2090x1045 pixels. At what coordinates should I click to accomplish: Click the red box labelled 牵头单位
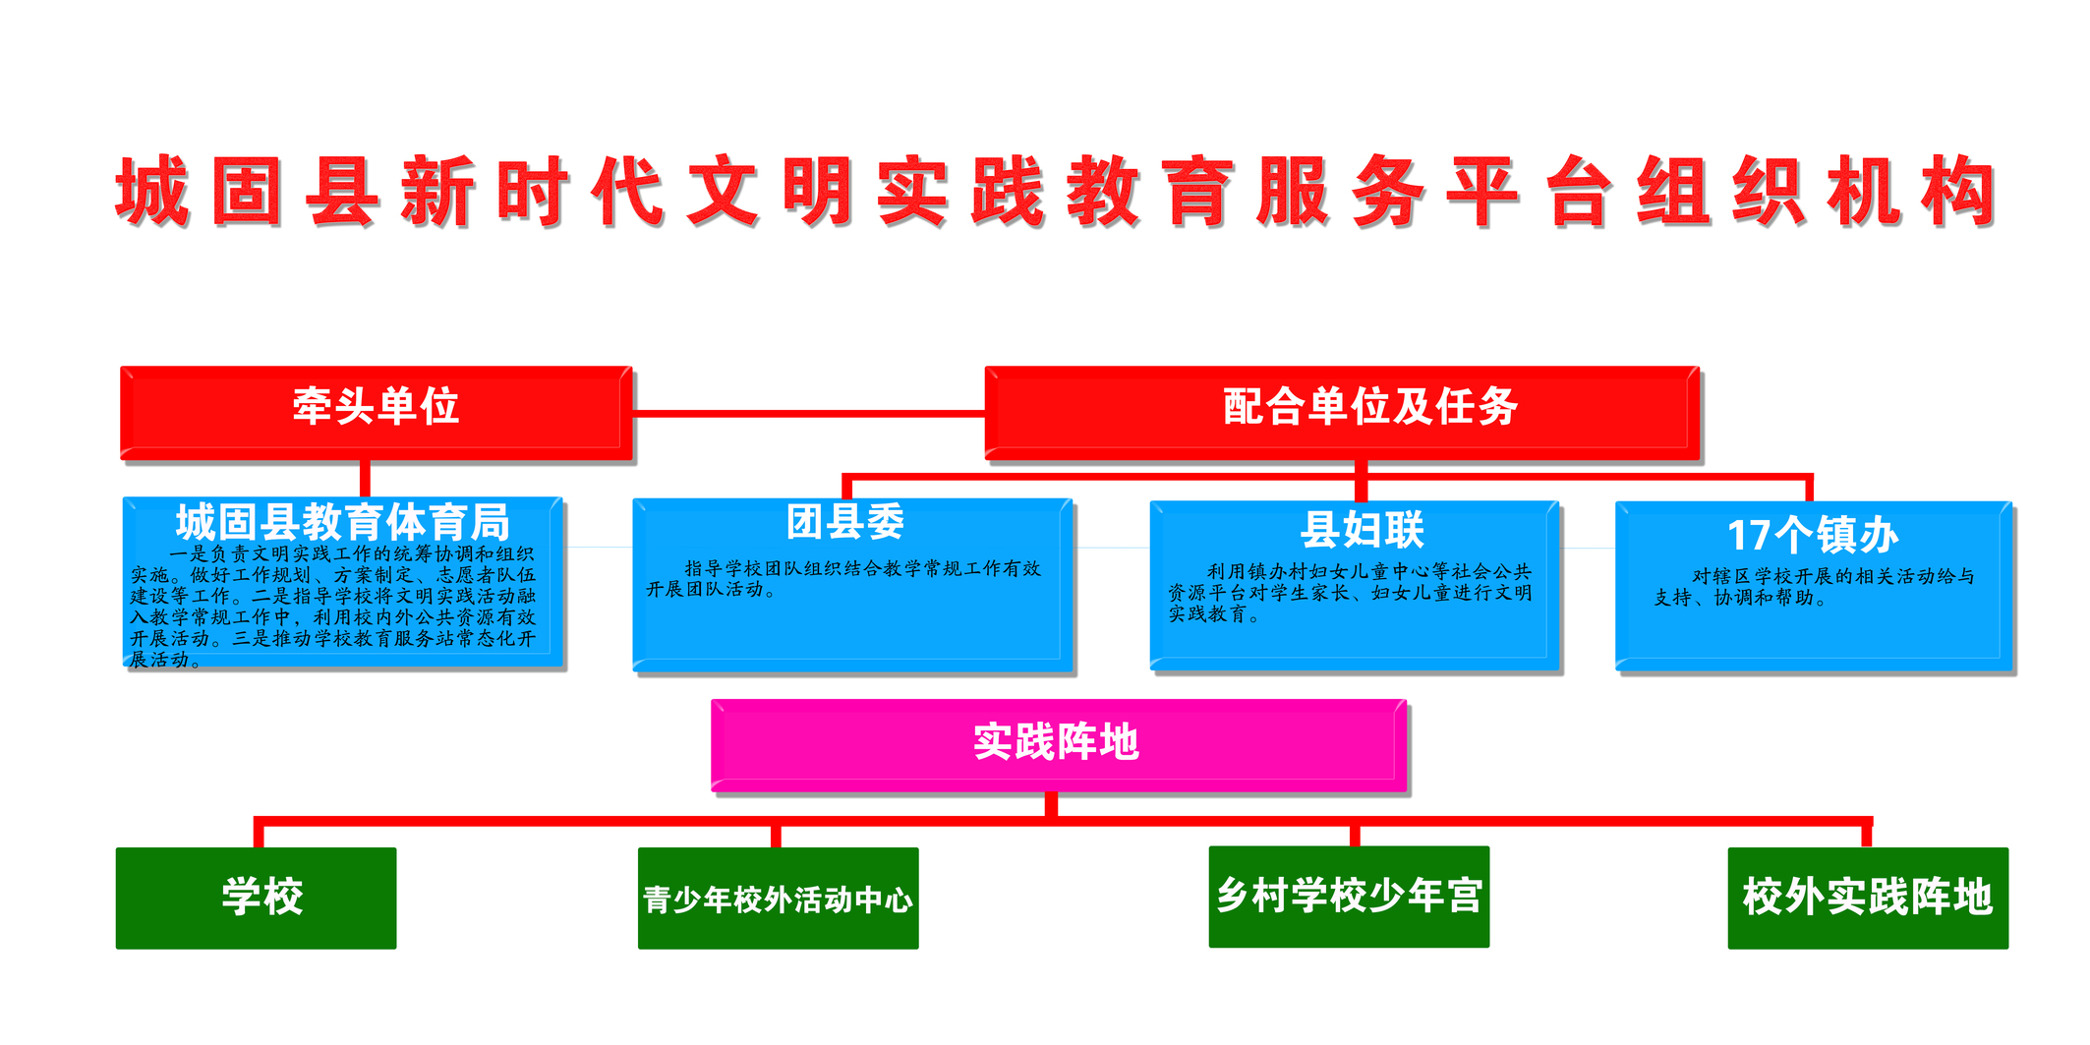377,413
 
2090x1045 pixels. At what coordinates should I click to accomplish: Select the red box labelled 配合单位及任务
1343,413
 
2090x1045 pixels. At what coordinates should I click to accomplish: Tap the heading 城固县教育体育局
342,522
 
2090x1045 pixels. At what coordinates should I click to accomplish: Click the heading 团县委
845,522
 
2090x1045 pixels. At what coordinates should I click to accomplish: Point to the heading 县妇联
1363,530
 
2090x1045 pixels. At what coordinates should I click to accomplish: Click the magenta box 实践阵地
1059,745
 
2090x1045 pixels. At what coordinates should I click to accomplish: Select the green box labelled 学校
256,898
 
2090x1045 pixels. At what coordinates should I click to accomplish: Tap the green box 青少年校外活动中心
778,898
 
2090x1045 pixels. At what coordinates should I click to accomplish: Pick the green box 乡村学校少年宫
1349,897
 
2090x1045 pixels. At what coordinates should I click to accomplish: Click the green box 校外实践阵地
1868,898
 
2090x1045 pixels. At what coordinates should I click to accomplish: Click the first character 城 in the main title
153,192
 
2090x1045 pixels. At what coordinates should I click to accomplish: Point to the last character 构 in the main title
1959,192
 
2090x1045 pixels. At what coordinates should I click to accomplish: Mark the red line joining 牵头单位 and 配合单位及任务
809,414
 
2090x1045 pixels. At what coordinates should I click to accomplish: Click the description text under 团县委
843,579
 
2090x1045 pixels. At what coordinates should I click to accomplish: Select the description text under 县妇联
1350,593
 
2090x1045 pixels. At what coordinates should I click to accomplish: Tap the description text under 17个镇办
1815,587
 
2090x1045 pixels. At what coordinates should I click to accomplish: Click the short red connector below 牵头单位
365,479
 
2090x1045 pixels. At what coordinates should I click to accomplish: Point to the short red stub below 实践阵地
1051,804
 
